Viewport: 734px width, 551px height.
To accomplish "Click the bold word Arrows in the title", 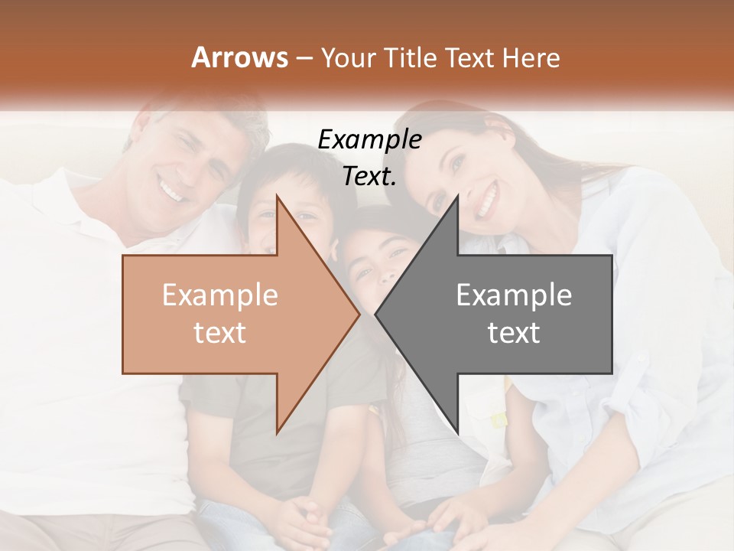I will pos(240,58).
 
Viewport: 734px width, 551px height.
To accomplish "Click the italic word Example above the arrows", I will pos(369,140).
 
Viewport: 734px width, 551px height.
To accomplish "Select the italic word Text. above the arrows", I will pos(369,177).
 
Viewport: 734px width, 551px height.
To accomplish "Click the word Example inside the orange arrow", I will pos(220,295).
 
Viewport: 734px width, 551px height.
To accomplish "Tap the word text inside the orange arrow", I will pos(220,332).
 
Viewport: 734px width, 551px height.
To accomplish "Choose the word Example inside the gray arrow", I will pos(514,295).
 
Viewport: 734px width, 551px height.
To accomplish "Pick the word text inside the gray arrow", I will pos(514,332).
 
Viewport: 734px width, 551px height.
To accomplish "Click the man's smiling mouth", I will pos(173,188).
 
